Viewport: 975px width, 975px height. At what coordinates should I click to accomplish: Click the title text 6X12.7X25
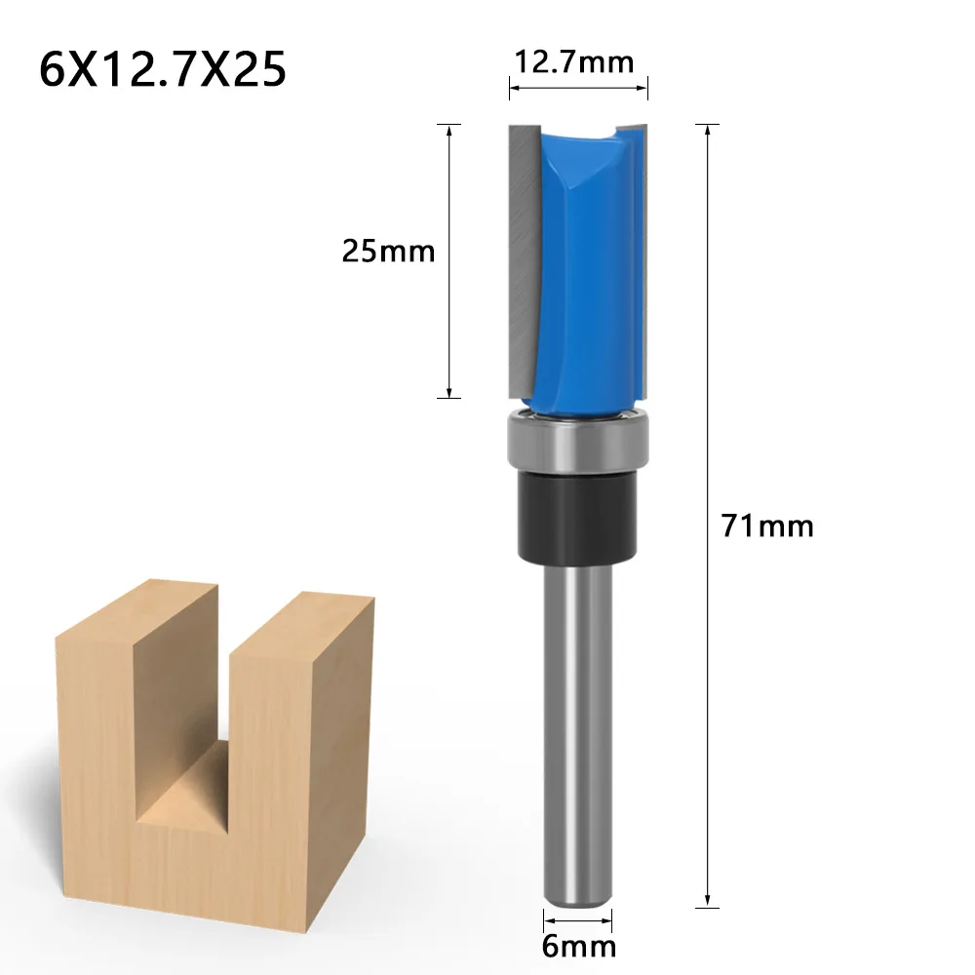[x=163, y=70]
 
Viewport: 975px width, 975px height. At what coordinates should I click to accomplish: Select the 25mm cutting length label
[x=388, y=252]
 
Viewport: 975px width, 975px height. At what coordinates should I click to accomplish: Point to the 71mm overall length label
[x=767, y=526]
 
